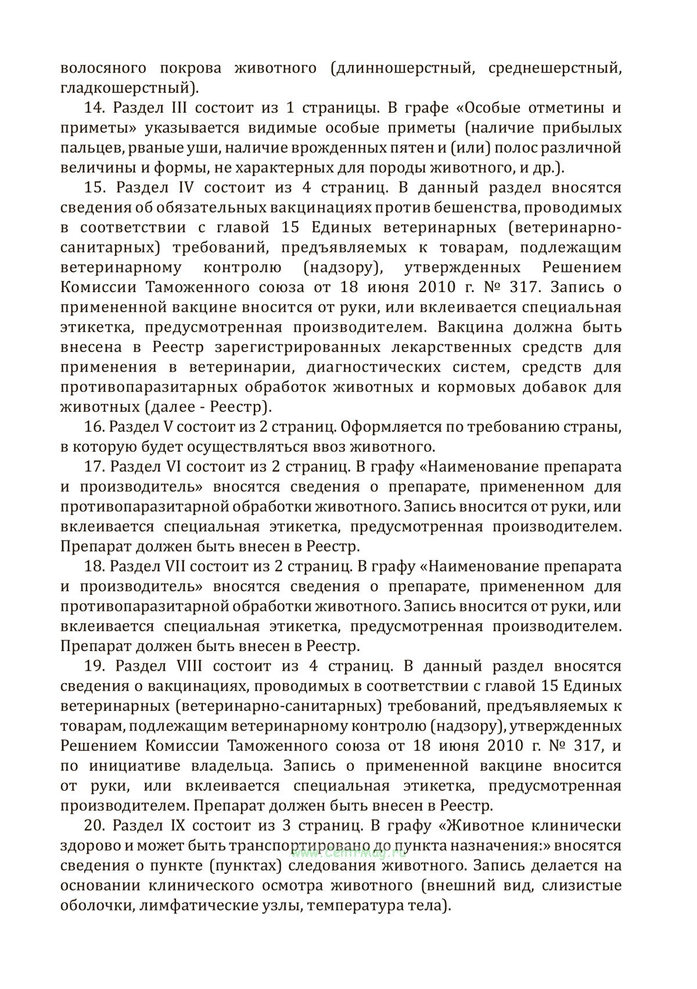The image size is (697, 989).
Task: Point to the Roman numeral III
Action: point(172,108)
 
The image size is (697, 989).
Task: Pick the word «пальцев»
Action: point(90,148)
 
